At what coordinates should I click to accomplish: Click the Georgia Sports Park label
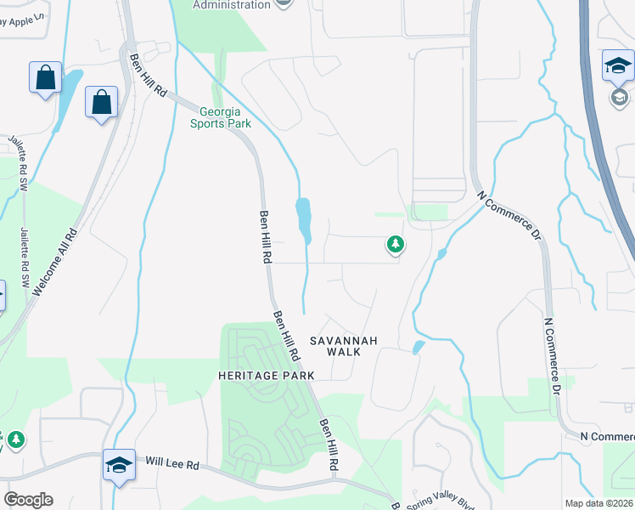pos(226,117)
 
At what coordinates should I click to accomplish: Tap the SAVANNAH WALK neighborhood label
pos(342,346)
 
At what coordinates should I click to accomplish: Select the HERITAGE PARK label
pos(266,375)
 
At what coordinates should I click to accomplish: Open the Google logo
pos(28,499)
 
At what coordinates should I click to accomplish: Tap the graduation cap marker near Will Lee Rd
pos(120,465)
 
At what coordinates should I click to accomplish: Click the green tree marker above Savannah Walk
pos(395,245)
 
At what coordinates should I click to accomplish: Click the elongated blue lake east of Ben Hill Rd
pos(303,219)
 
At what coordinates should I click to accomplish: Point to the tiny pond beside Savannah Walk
pos(417,347)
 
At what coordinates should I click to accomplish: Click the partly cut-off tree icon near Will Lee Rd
pos(15,439)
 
